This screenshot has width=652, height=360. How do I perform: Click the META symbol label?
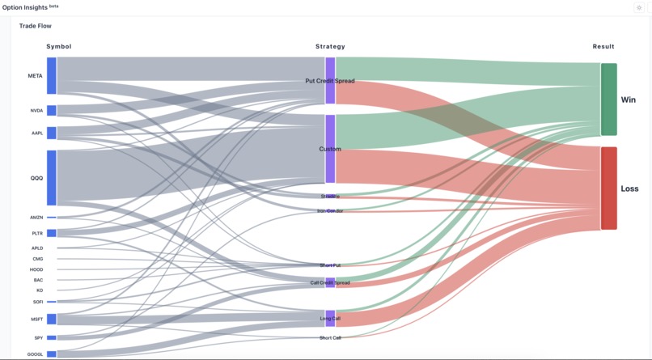(35, 76)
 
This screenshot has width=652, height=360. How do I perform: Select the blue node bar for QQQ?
(52, 178)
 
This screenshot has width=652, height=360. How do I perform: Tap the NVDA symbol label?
(36, 111)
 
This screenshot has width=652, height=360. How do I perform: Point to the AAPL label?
(37, 133)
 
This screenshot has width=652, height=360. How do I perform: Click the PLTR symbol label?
(37, 234)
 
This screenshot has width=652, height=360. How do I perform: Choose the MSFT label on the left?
(37, 319)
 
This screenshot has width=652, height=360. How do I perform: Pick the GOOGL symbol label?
(36, 354)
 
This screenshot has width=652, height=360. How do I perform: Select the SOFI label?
(38, 302)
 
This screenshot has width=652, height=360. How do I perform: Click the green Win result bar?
(608, 100)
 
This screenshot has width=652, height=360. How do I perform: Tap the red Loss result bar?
(608, 188)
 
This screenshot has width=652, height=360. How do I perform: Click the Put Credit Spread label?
(330, 81)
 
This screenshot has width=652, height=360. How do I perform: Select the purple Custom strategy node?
(330, 149)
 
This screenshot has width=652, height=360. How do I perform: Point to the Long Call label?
(330, 319)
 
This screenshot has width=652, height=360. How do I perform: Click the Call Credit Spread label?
(330, 283)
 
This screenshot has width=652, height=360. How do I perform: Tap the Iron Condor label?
(330, 211)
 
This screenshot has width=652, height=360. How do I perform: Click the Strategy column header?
(330, 47)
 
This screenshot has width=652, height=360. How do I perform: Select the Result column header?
(603, 47)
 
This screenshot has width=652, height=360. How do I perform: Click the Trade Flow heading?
(36, 26)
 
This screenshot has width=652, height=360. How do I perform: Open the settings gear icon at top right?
(638, 7)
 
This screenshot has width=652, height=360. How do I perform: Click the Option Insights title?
(24, 6)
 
